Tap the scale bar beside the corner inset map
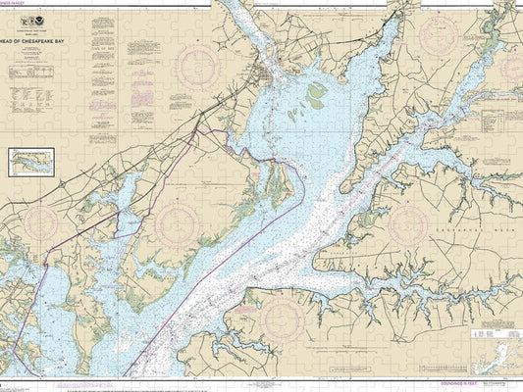click(461, 365)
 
